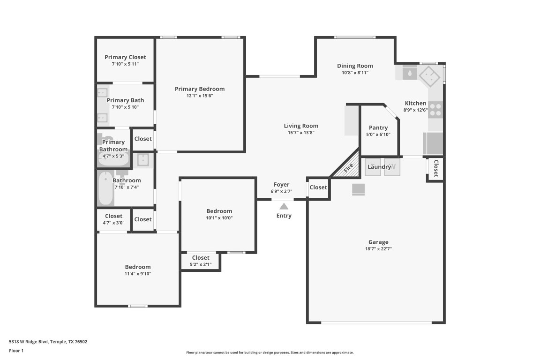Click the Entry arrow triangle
(284, 206)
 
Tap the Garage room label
(378, 242)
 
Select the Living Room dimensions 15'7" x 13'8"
(300, 133)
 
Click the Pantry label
(378, 127)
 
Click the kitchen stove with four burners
(435, 109)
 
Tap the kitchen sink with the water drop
(410, 73)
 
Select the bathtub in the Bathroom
(105, 189)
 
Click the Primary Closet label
(125, 57)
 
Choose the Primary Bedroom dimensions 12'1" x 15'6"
(199, 96)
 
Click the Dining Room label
(355, 66)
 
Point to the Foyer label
(281, 185)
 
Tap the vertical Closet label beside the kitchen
(435, 169)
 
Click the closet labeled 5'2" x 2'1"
(200, 261)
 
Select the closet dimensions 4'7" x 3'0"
(113, 223)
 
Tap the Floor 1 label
(16, 351)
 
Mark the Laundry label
(379, 167)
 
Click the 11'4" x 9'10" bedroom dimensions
(137, 274)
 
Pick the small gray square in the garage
(359, 189)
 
